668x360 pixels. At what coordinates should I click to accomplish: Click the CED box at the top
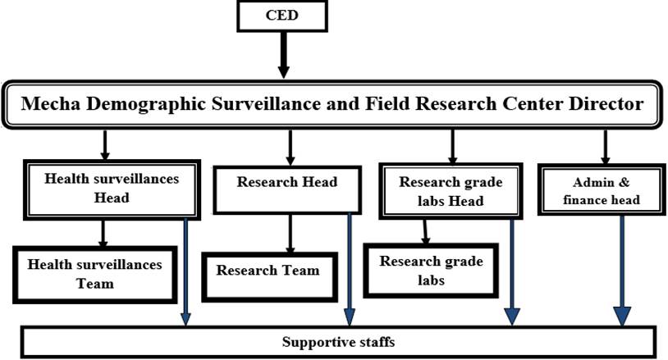point(281,16)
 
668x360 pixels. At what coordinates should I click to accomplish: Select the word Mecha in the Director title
point(54,105)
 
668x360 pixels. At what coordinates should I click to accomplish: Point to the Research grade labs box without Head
point(431,270)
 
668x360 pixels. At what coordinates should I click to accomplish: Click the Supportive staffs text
point(338,341)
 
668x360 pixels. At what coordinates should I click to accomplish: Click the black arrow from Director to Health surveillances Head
point(104,146)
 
